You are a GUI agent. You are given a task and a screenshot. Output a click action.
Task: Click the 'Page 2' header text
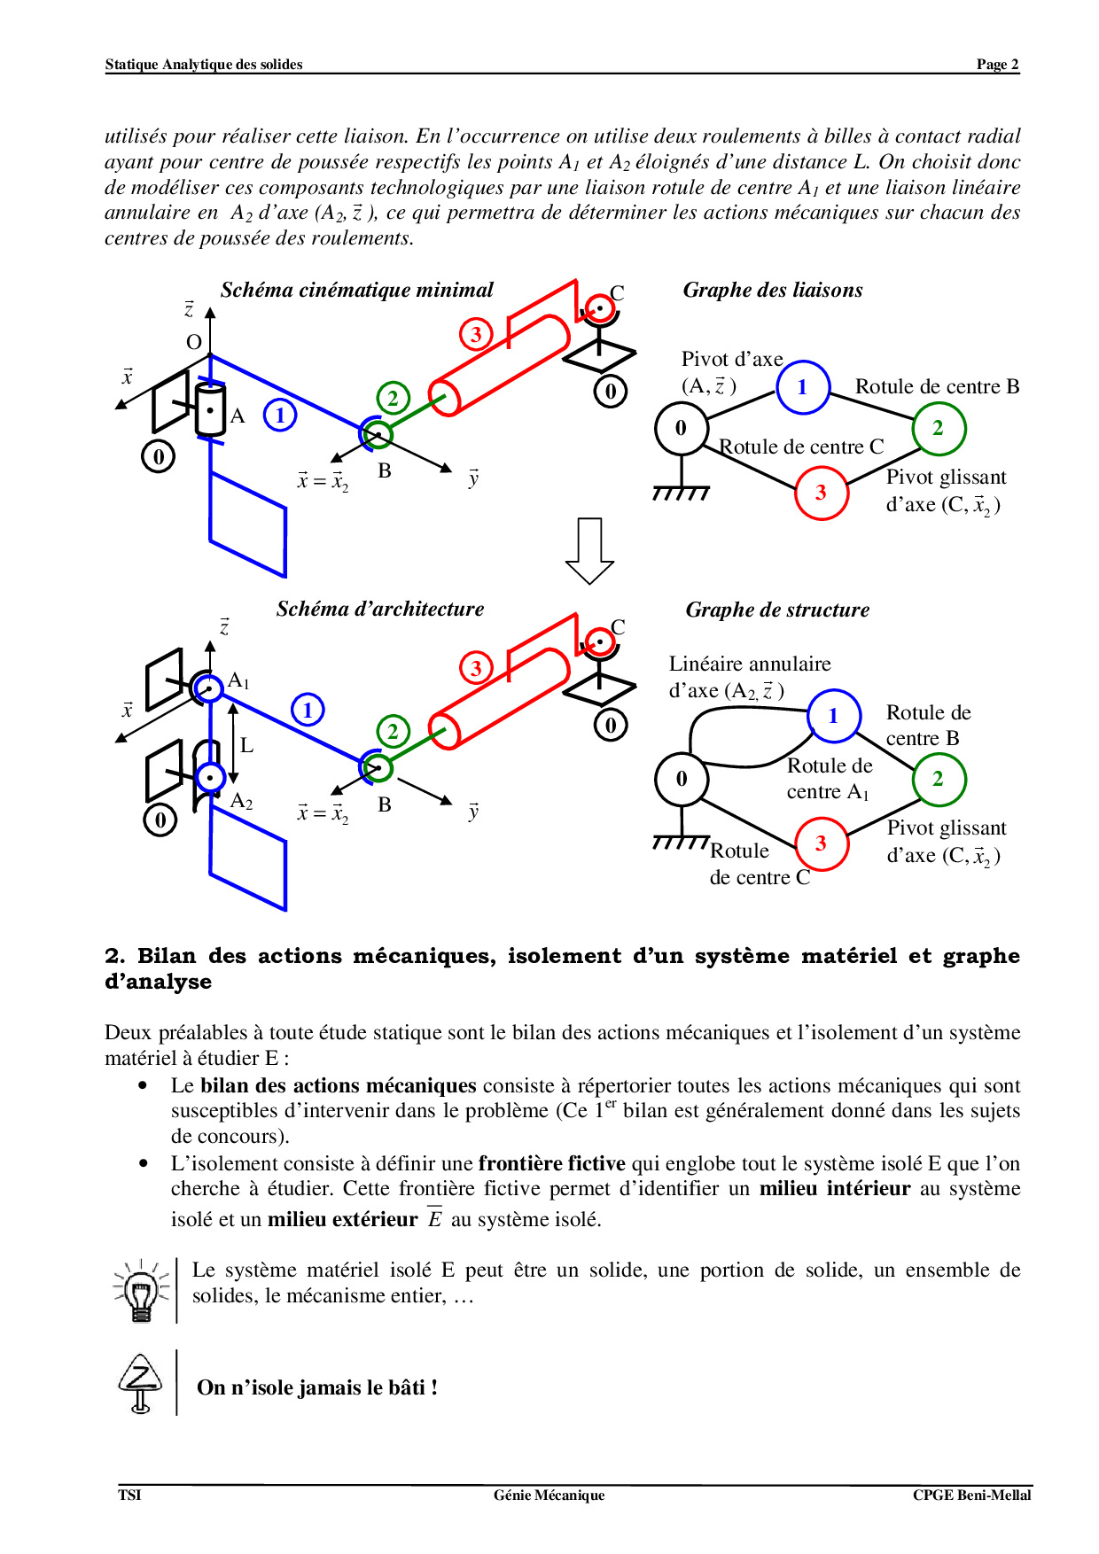(997, 64)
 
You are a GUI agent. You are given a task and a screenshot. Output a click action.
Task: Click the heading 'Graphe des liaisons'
(772, 290)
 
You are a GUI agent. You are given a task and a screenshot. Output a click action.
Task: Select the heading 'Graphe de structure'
(777, 610)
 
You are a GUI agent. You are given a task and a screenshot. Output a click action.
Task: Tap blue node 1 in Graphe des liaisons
(802, 387)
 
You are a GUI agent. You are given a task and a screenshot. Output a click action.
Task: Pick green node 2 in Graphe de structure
(938, 779)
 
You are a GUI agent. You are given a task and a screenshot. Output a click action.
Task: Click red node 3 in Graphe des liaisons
(821, 493)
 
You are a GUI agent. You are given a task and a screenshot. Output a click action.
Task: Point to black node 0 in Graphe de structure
(681, 779)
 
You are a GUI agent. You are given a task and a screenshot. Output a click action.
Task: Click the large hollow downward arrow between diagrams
(589, 550)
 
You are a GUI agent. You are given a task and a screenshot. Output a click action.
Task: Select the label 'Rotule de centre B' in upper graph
(937, 386)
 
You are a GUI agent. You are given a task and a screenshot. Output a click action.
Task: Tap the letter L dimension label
(246, 746)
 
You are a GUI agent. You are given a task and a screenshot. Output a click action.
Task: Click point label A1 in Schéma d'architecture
(238, 680)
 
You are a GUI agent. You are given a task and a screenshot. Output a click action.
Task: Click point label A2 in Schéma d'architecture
(241, 801)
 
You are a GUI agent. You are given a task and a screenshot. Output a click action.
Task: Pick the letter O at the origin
(194, 342)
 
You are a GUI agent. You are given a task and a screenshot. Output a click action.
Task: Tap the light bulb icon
(141, 1292)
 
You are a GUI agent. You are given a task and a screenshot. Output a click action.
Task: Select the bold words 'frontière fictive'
(551, 1163)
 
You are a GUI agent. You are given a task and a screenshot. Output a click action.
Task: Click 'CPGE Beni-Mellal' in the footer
(971, 1495)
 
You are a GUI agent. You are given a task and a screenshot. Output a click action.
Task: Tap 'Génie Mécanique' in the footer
(549, 1495)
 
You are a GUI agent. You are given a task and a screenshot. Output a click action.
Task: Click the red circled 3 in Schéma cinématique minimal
(476, 334)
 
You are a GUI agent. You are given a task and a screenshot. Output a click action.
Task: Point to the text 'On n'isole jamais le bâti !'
(316, 1387)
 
